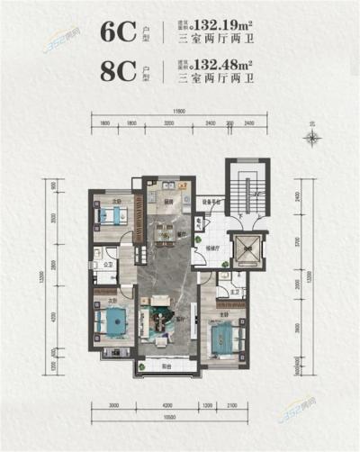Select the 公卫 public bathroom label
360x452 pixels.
coord(105,265)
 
